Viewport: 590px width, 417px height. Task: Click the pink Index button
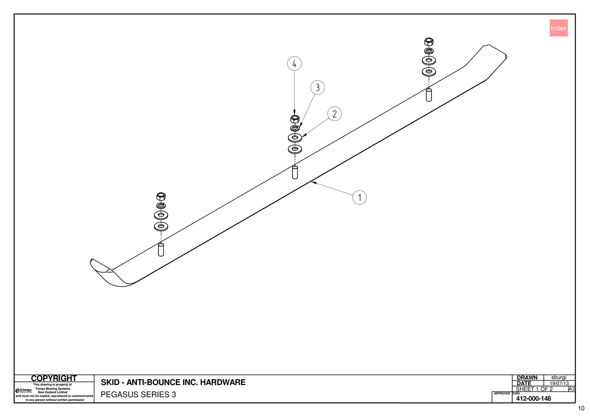(559, 28)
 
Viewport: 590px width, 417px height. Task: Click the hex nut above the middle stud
(295, 119)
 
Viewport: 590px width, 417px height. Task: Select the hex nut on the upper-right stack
(429, 42)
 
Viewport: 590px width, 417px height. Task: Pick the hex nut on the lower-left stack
(161, 196)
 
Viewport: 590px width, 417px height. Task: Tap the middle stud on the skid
(295, 172)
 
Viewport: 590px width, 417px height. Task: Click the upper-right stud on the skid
(429, 95)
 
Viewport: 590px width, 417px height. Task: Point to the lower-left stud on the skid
(161, 250)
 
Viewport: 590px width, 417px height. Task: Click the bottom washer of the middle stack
(295, 149)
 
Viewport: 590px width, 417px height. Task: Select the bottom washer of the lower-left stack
(161, 226)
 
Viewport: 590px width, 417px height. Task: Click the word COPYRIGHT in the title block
(54, 378)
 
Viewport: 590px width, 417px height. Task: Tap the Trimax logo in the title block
(24, 390)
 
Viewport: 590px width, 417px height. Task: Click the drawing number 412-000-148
(533, 399)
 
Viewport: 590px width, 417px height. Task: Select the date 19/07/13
(559, 383)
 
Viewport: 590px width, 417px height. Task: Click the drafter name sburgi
(559, 378)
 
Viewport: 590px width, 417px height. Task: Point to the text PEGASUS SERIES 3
(138, 394)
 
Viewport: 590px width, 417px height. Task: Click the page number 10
(581, 409)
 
